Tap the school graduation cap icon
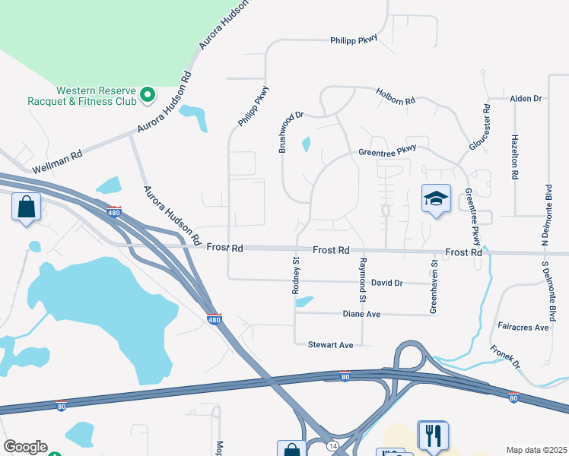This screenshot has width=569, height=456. coord(436,198)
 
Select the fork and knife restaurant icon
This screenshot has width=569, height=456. coord(433,435)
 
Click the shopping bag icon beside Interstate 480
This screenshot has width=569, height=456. coord(26,206)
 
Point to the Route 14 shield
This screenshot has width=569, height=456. coord(332,445)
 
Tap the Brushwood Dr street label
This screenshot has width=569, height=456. coord(291,132)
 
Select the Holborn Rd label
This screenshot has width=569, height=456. coord(396,97)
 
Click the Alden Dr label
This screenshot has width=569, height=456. coord(525,99)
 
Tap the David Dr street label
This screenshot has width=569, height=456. coord(387,283)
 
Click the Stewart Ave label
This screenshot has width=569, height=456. coord(330,345)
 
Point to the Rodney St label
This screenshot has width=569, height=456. coord(297,277)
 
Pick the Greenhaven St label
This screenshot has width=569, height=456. coord(434,287)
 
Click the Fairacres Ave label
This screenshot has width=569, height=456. coord(523,328)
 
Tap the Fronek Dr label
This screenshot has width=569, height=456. coord(504,355)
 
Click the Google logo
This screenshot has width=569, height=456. coord(25,447)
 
